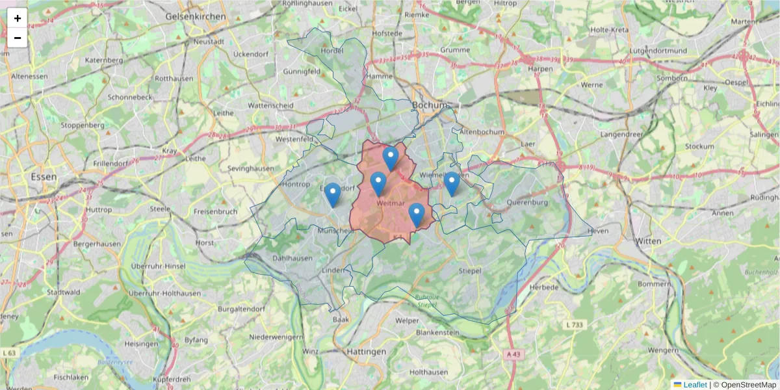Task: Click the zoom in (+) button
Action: (18, 18)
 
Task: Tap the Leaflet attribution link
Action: (695, 385)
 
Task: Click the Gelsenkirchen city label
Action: (196, 16)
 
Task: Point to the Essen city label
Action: (44, 176)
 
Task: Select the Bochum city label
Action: (430, 105)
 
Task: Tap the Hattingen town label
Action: (366, 352)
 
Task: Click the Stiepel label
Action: (470, 270)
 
